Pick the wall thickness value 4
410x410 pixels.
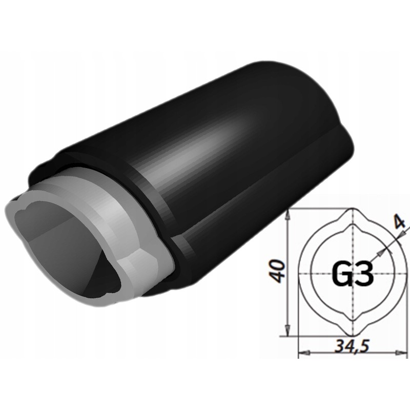click(399, 222)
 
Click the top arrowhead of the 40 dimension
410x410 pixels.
click(288, 214)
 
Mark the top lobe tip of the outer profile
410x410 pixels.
click(352, 210)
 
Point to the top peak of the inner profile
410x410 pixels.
click(352, 225)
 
